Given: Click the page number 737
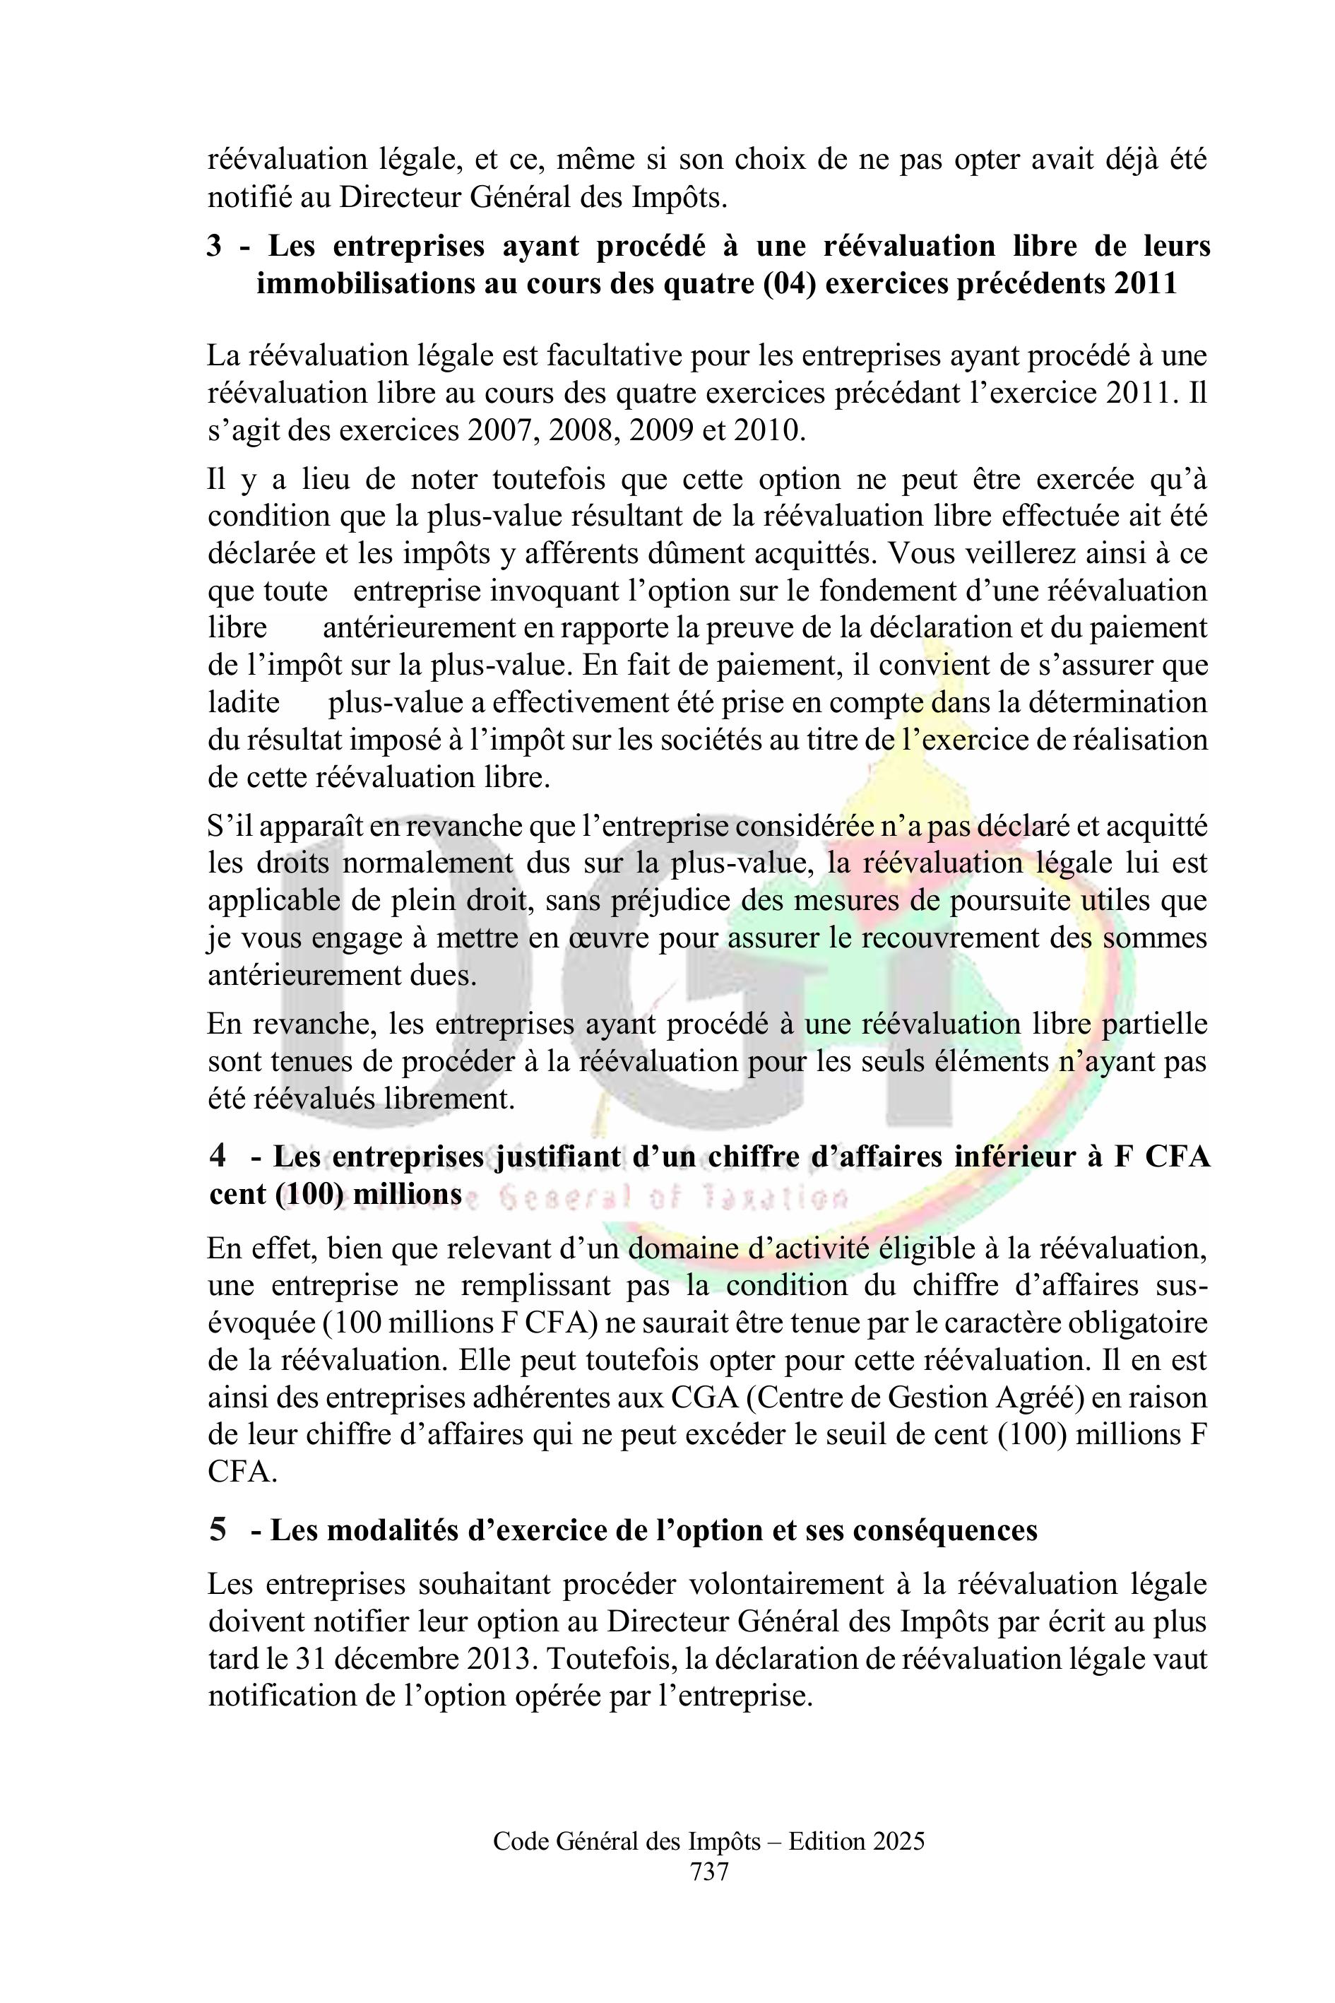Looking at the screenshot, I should point(709,1872).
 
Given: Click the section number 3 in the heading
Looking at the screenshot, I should point(215,246).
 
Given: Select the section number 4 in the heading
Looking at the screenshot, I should point(218,1156).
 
